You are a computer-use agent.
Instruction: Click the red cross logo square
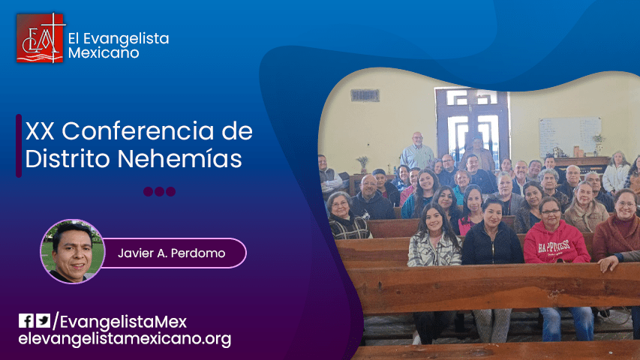tap(41, 38)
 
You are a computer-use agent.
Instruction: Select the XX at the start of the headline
tap(40, 132)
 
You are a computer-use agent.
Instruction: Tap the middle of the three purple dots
tap(159, 191)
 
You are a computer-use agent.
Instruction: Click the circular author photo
tap(73, 251)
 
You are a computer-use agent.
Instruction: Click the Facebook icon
tap(26, 321)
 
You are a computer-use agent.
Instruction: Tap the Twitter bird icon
tap(44, 321)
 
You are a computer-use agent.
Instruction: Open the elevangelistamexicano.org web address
tap(125, 339)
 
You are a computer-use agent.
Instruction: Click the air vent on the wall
tap(365, 95)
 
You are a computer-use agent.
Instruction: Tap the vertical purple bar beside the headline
tap(19, 145)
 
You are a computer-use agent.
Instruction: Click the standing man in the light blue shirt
tap(416, 153)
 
